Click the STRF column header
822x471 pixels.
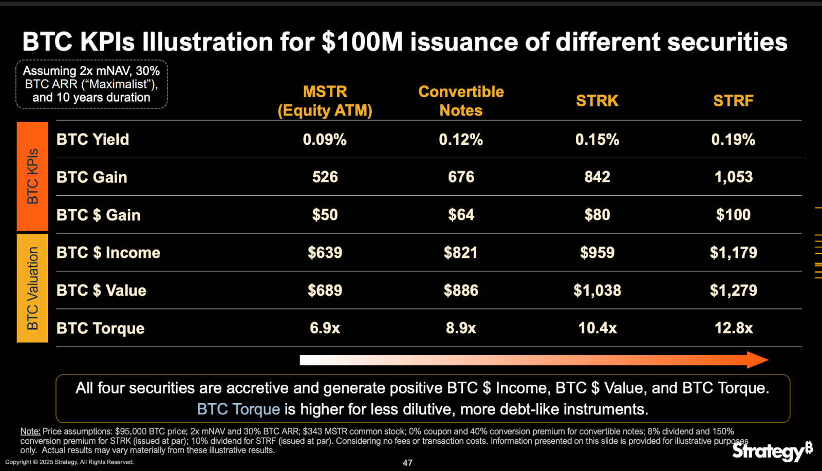733,101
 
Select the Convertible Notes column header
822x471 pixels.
461,101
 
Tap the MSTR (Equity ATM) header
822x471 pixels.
325,101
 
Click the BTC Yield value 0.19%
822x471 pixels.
733,139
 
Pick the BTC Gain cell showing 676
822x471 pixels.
461,177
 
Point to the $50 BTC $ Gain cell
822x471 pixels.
325,215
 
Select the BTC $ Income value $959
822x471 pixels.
597,253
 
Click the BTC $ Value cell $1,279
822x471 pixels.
733,290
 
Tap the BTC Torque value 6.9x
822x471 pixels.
325,328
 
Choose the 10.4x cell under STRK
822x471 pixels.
597,328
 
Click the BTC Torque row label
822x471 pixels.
100,328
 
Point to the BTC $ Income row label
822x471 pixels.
108,253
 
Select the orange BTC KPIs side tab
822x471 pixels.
32,176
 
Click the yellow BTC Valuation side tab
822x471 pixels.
32,288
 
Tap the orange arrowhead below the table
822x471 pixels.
757,360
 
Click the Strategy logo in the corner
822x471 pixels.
772,451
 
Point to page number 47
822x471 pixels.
407,463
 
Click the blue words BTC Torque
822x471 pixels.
238,409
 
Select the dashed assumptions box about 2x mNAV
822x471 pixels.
91,84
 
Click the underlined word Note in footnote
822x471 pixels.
30,431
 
